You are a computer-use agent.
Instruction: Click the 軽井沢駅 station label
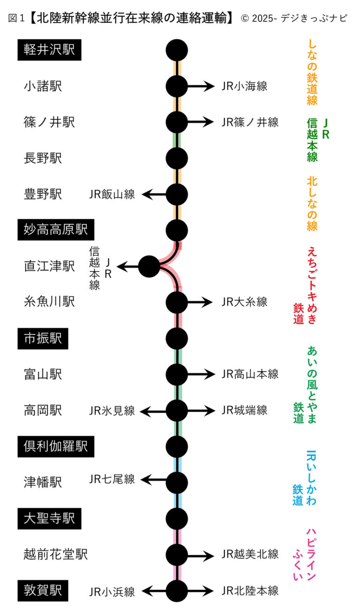click(49, 50)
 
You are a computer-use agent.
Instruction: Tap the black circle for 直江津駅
click(150, 267)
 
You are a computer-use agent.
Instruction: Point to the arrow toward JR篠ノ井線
click(201, 122)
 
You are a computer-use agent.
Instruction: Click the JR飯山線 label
click(112, 194)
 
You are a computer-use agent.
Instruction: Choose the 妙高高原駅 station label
click(56, 230)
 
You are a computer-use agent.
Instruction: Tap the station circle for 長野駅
click(177, 158)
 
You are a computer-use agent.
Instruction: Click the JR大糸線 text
click(244, 302)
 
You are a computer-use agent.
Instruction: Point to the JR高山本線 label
click(250, 374)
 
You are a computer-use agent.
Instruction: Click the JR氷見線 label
click(112, 411)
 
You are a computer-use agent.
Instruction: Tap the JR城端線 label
click(244, 411)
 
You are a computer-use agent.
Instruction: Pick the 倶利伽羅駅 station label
click(56, 446)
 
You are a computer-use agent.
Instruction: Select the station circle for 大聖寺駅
click(177, 519)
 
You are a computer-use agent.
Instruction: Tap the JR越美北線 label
click(250, 555)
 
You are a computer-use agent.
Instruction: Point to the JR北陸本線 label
click(250, 591)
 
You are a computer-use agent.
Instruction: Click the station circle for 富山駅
click(177, 374)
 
